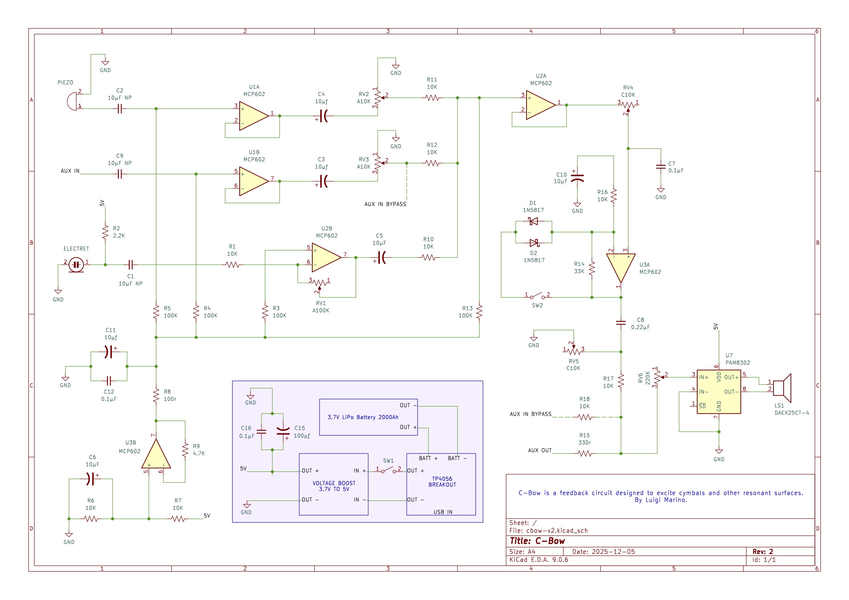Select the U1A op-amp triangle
(x=253, y=116)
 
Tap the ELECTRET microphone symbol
(x=76, y=265)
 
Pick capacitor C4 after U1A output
(x=324, y=116)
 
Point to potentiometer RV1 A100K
(x=320, y=283)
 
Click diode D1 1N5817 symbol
(x=533, y=221)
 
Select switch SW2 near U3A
(x=537, y=297)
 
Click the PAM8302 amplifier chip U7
(x=718, y=392)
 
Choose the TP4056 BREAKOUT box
(x=441, y=484)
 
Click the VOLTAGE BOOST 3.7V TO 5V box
(x=333, y=484)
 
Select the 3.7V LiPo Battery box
(x=368, y=417)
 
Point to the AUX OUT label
(x=540, y=450)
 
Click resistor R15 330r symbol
(x=584, y=454)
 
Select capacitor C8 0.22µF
(x=621, y=323)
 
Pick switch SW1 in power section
(x=388, y=471)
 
